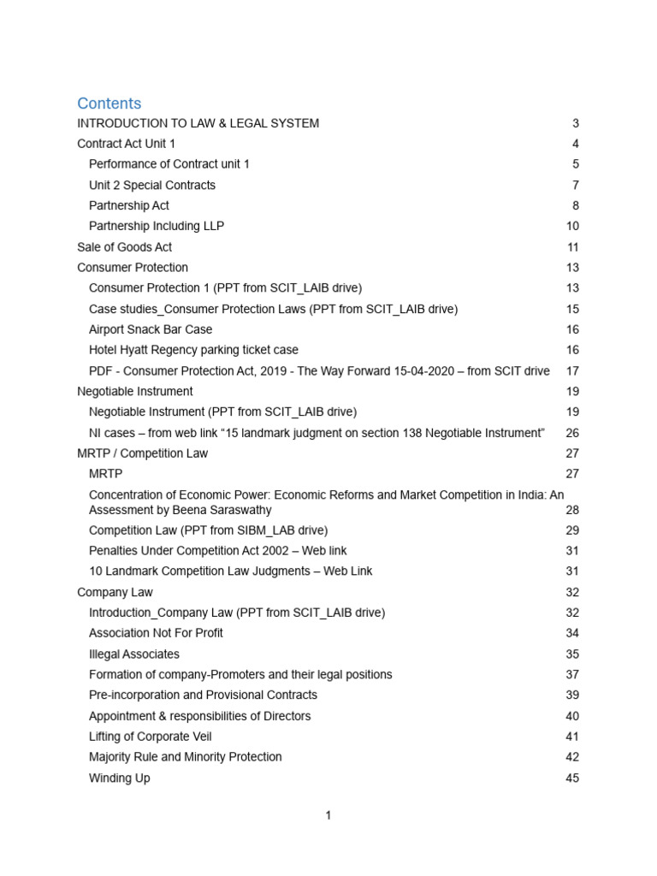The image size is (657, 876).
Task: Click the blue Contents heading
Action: [109, 104]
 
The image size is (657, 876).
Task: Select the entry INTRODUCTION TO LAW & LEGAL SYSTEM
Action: [198, 123]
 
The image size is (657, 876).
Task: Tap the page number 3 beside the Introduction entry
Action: [576, 123]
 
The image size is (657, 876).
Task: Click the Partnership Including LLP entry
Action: [157, 226]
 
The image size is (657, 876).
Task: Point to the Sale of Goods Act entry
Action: [124, 247]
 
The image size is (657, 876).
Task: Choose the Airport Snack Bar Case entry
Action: [151, 329]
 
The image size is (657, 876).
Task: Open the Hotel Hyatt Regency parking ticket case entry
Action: [193, 350]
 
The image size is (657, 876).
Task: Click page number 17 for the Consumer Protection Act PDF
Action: [572, 370]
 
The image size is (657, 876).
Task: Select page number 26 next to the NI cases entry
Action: [572, 433]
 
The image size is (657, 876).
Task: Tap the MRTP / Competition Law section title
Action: [142, 453]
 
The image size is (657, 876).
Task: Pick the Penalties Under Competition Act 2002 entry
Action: [217, 551]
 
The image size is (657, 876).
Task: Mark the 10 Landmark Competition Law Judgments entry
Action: [230, 571]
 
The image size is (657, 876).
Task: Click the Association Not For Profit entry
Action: [156, 633]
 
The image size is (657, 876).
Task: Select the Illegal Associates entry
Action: [134, 654]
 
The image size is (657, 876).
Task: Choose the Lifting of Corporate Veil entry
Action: [151, 737]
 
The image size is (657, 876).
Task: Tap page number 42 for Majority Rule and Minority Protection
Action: [572, 757]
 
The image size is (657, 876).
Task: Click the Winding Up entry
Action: [120, 778]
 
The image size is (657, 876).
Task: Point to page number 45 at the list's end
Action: [572, 778]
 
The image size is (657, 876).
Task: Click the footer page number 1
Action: [328, 816]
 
